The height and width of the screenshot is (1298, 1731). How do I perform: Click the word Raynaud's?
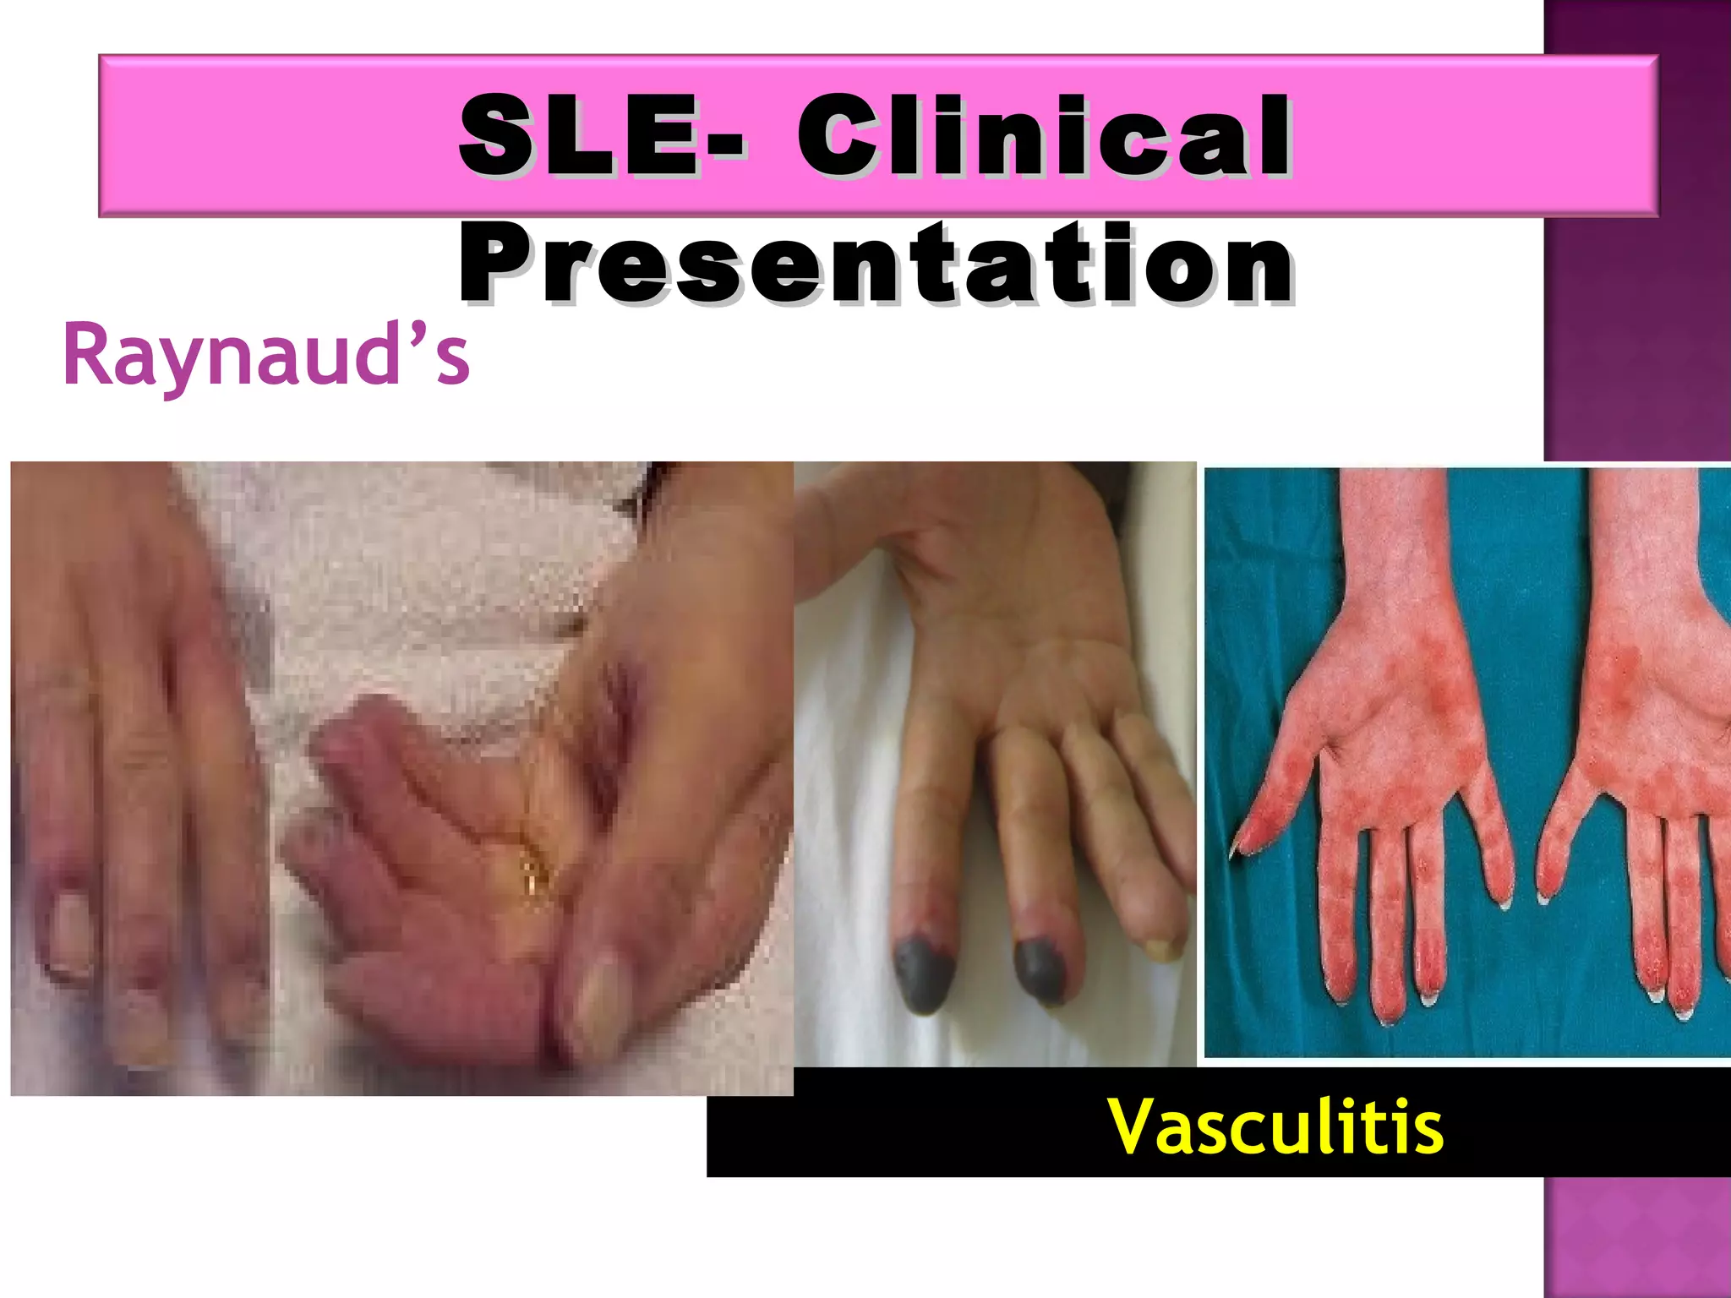point(265,355)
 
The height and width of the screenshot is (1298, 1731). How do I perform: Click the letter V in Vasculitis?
point(1133,1126)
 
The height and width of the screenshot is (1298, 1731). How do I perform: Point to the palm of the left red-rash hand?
point(1403,727)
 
